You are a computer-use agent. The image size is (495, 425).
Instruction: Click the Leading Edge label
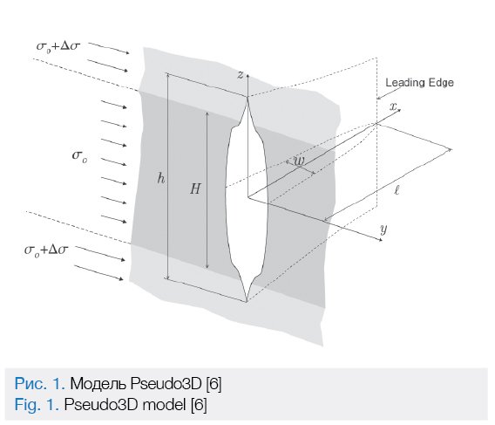click(419, 83)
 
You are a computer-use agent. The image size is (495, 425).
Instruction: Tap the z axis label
click(241, 75)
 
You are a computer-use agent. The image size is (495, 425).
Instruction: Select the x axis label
click(393, 106)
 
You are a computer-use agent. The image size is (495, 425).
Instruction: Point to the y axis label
click(383, 230)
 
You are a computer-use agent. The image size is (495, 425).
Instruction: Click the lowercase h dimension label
click(161, 179)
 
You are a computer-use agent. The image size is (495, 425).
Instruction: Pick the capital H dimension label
click(195, 189)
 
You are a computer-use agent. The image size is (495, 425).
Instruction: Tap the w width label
click(299, 161)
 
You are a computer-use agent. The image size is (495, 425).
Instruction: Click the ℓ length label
click(397, 190)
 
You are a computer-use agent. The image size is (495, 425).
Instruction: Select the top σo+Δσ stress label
click(58, 46)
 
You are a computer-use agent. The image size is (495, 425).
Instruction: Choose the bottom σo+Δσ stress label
click(46, 250)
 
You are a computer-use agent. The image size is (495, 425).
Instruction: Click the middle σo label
click(80, 156)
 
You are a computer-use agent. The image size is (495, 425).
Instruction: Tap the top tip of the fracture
click(247, 97)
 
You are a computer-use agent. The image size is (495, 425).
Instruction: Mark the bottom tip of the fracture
click(247, 301)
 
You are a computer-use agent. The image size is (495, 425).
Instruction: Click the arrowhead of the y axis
click(381, 240)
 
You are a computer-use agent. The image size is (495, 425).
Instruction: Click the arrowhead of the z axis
click(247, 76)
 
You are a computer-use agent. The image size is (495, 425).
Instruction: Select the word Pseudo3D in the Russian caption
click(166, 384)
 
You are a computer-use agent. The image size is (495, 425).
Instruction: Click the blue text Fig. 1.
click(37, 404)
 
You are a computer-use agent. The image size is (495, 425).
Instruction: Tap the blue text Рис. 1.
click(39, 384)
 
